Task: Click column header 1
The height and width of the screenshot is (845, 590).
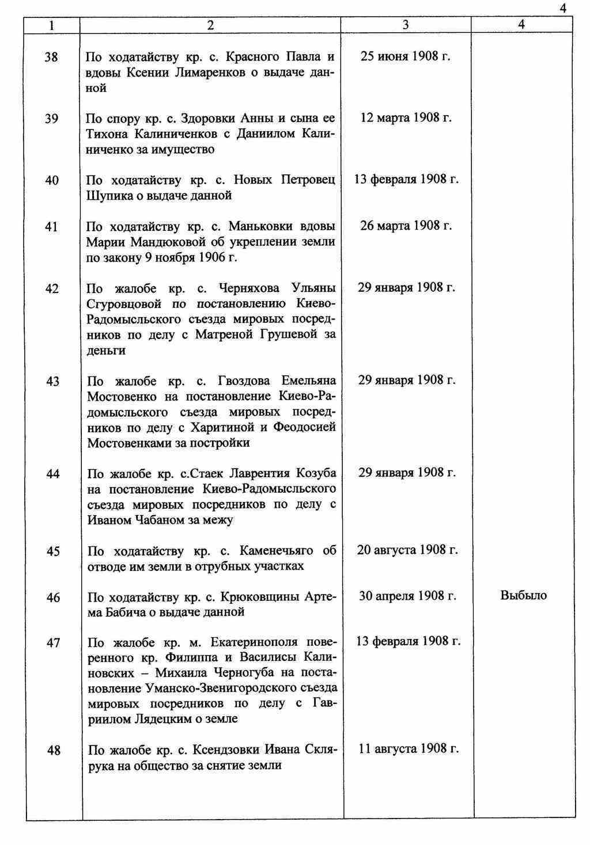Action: click(52, 25)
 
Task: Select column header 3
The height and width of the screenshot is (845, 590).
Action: click(406, 25)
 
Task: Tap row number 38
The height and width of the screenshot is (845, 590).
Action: click(51, 57)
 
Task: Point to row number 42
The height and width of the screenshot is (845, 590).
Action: click(52, 288)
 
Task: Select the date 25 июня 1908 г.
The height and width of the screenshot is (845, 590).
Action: click(406, 56)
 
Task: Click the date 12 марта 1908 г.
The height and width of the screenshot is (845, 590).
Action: click(406, 117)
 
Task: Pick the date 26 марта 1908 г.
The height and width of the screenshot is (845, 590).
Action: click(406, 225)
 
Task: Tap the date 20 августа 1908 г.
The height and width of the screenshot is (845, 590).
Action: click(407, 550)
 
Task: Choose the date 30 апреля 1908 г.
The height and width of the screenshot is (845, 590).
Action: click(407, 596)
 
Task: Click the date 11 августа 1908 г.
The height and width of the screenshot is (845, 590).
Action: click(409, 748)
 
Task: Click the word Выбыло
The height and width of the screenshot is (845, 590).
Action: click(523, 596)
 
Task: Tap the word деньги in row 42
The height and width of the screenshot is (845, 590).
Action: click(106, 351)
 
